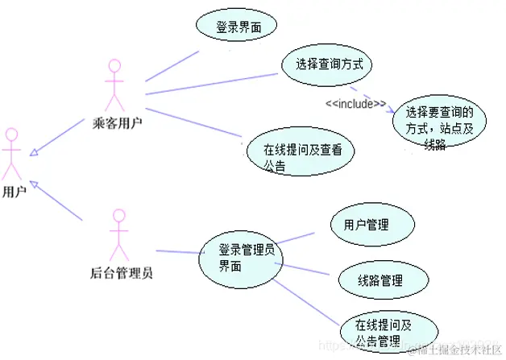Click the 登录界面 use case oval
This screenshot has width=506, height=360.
coord(235,27)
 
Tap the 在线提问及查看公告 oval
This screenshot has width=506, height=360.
coord(298,154)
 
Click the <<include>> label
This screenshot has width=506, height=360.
coord(355,103)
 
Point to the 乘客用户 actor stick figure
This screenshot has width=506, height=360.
coord(114,85)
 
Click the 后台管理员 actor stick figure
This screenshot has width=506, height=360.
coord(119,233)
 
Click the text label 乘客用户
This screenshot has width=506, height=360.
coord(119,123)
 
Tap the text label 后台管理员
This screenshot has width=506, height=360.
coord(122,271)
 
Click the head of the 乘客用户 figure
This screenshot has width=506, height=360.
coord(114,64)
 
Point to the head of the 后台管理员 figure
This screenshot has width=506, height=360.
coord(119,215)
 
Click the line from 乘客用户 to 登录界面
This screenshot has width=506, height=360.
coord(172,67)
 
